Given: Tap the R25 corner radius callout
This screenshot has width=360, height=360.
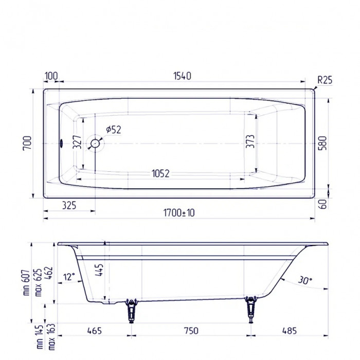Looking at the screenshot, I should pos(325,80).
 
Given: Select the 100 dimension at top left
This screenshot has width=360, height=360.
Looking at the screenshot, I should pos(51,76).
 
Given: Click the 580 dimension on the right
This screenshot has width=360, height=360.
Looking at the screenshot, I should pos(322,142).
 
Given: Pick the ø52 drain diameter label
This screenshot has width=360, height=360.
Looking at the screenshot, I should pos(113,130).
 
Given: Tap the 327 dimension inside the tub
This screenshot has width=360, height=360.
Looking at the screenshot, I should pos(77,142).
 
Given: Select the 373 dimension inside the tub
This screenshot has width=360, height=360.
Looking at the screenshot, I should pos(250,142).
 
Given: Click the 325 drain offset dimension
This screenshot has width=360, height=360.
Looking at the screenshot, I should pos(68,206).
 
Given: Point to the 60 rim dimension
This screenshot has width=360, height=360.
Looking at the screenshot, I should pos(322,204).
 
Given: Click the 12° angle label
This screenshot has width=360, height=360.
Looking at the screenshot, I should pos(68,276).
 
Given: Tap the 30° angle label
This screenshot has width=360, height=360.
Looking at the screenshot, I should pos(305,280).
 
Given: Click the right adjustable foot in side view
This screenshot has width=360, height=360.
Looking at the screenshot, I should pos(251,310).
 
